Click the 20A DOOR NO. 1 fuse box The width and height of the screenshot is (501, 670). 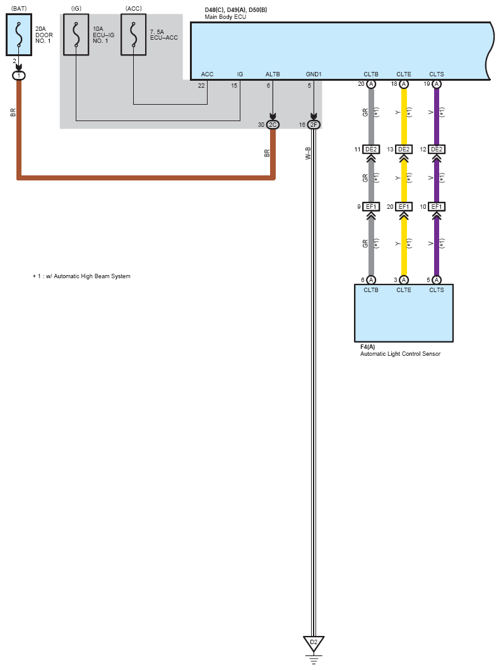[x=19, y=35]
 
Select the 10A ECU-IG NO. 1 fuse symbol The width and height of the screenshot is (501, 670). [x=76, y=35]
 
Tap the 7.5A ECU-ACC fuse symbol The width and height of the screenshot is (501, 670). [x=133, y=35]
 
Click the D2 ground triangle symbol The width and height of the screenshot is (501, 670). [x=314, y=643]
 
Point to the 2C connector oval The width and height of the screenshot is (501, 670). [x=273, y=125]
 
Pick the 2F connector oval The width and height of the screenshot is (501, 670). [x=314, y=125]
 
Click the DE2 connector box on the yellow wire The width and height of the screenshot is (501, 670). [x=404, y=149]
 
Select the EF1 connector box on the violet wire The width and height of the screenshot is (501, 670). [x=437, y=207]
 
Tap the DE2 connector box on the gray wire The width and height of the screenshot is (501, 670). [x=371, y=149]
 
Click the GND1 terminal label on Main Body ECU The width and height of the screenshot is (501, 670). [x=314, y=74]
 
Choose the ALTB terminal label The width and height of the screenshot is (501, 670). [x=273, y=74]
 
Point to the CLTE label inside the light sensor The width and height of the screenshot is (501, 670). [x=404, y=290]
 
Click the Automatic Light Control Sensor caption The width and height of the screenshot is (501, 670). [x=400, y=354]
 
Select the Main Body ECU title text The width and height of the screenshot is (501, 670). [x=225, y=17]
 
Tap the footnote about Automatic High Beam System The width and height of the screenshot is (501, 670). [x=81, y=276]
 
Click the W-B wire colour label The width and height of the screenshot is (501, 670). [x=308, y=153]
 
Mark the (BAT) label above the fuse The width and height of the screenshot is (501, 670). [x=19, y=9]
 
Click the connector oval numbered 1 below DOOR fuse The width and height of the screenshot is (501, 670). [x=19, y=76]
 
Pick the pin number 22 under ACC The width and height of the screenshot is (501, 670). [x=201, y=85]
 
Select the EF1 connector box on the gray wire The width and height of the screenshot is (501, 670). [x=371, y=207]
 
